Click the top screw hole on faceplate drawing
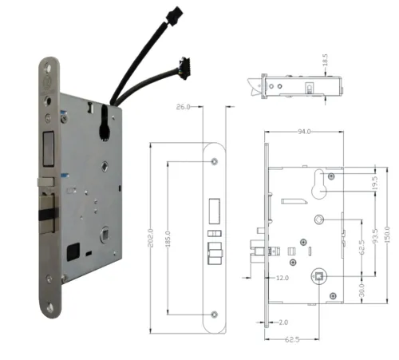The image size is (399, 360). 215,162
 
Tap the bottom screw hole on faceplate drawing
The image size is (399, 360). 215,313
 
